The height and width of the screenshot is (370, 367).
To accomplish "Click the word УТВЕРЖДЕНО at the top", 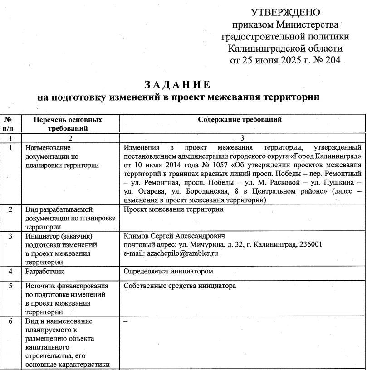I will pyautogui.click(x=285, y=12).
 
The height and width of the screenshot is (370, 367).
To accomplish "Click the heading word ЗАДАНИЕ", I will pyautogui.click(x=177, y=85).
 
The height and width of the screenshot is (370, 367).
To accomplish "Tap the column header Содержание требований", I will pyautogui.click(x=240, y=120).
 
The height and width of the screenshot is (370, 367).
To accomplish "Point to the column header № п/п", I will pyautogui.click(x=10, y=123).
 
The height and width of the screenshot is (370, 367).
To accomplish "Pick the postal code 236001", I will pyautogui.click(x=310, y=245).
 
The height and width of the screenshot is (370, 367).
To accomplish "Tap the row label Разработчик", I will pyautogui.click(x=44, y=271).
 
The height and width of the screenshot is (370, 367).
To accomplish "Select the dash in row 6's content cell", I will pyautogui.click(x=126, y=321).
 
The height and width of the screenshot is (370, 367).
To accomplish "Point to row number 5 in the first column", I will pyautogui.click(x=10, y=286).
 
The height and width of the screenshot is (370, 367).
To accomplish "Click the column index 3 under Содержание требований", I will pyautogui.click(x=242, y=137).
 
